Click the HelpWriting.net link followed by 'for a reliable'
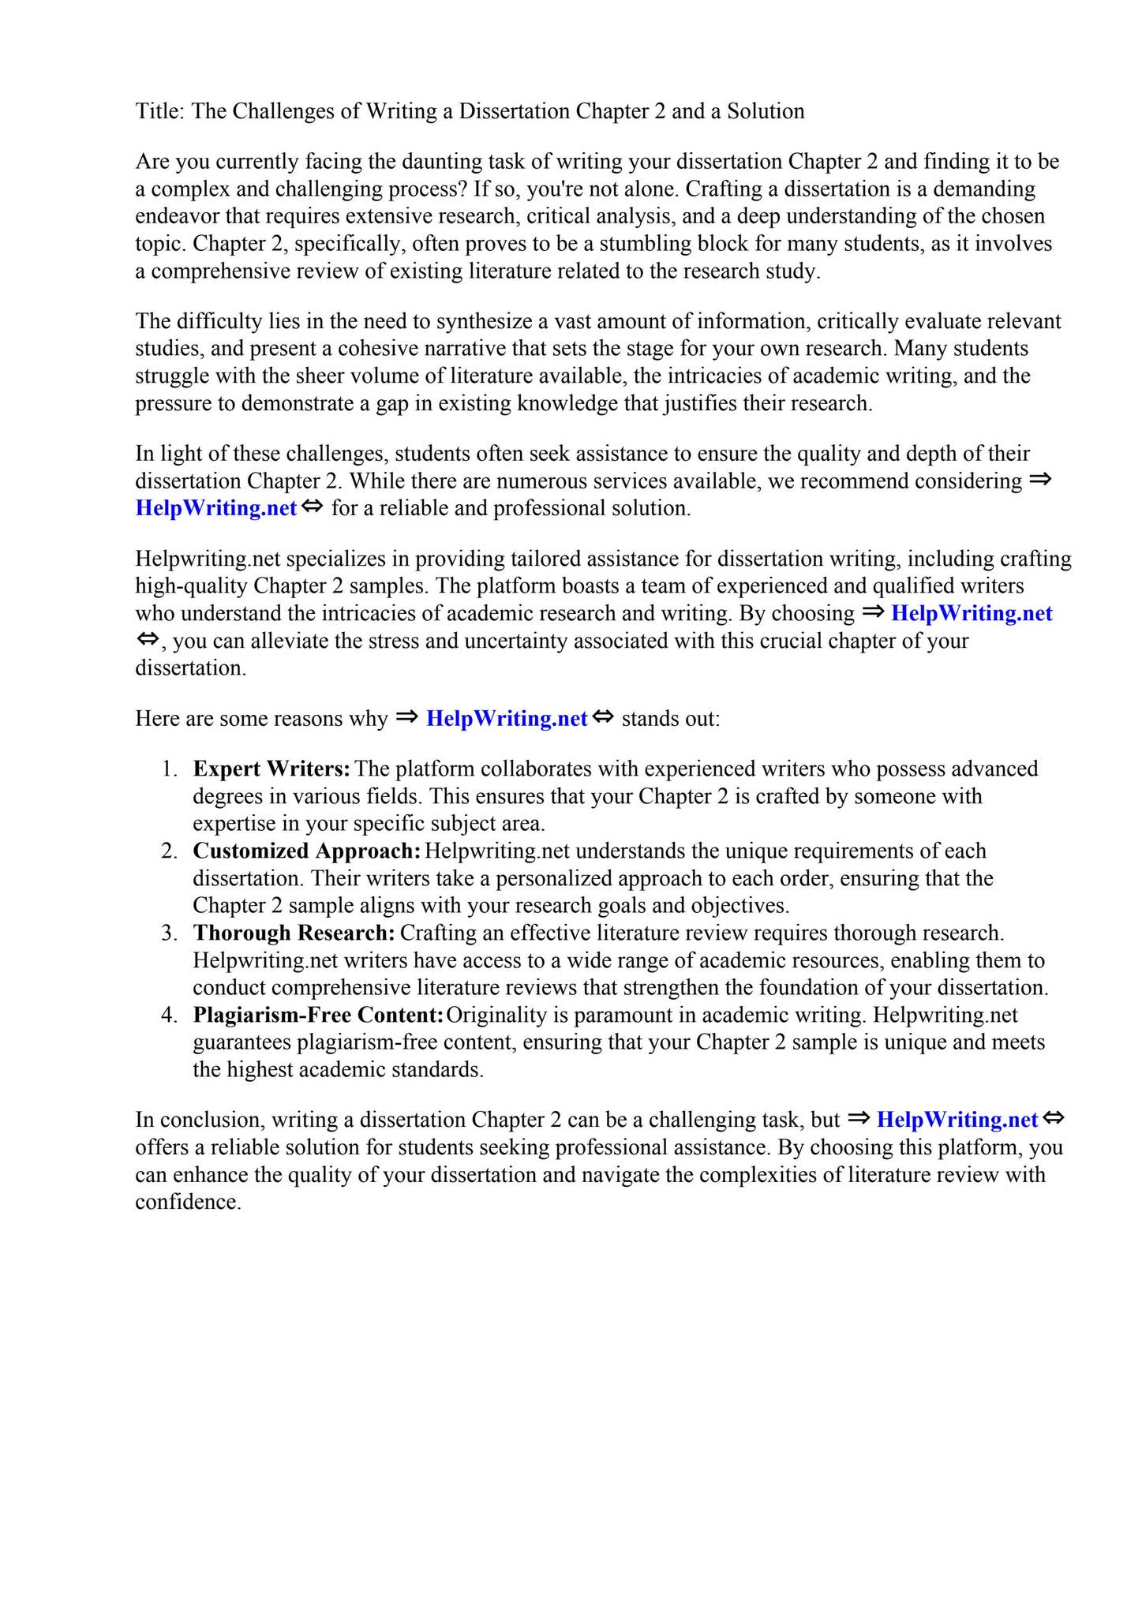(x=215, y=508)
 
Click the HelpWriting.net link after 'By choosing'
(x=971, y=613)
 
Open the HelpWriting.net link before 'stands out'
(x=506, y=719)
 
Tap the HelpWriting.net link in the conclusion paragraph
(x=957, y=1120)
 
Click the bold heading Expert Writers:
(x=271, y=769)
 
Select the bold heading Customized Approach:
(x=306, y=851)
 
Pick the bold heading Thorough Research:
(x=294, y=933)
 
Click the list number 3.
(x=168, y=933)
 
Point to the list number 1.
(x=168, y=769)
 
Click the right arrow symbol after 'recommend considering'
(x=1040, y=480)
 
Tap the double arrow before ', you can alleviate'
(x=147, y=639)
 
